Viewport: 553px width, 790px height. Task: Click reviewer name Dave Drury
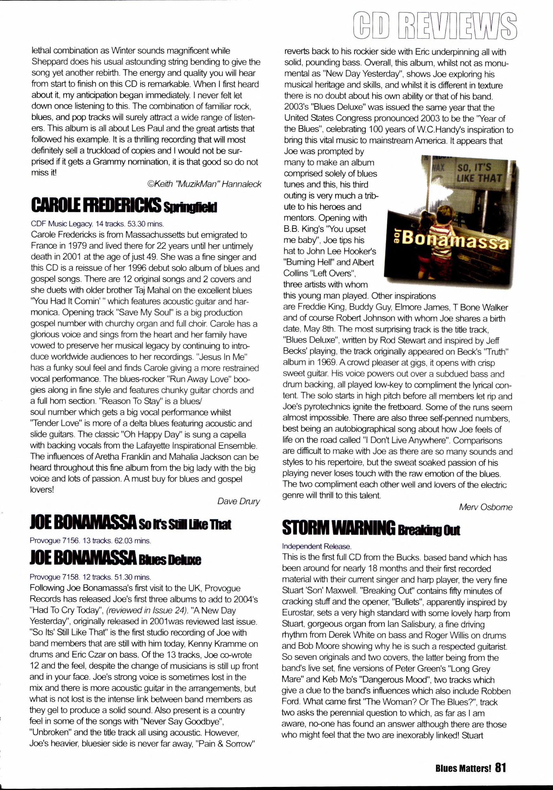[x=239, y=501]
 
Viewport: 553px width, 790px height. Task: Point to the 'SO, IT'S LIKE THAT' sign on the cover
[x=478, y=173]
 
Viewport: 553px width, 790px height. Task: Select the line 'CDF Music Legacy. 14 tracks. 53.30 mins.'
[x=97, y=224]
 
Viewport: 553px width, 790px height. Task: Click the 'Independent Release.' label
[x=316, y=546]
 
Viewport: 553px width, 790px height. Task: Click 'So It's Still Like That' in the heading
[x=185, y=525]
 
